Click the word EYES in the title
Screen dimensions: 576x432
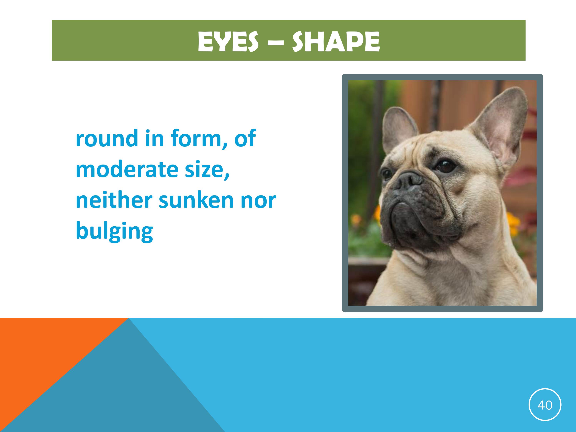pos(228,41)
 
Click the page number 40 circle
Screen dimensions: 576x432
pos(545,405)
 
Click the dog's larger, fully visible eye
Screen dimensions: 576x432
pos(446,166)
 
